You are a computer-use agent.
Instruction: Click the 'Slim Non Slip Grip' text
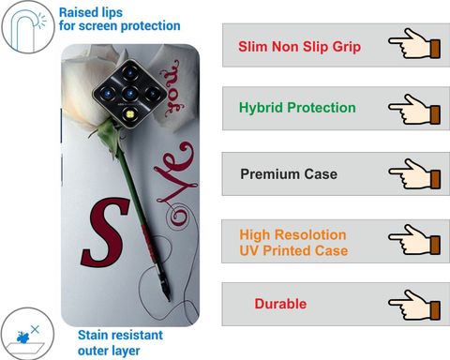pos(299,47)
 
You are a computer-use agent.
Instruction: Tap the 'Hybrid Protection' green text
pos(297,108)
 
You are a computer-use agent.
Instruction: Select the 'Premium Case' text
pos(289,174)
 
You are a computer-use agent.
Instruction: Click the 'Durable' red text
pos(280,304)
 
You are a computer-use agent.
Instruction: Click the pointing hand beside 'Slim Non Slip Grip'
pos(414,43)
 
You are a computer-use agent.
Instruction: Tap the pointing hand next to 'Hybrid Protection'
pos(414,110)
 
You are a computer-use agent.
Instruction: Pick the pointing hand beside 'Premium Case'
pos(414,174)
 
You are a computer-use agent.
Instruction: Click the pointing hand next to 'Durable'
pos(414,305)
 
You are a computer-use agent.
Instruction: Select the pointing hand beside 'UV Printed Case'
pos(414,239)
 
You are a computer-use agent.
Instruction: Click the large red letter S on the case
pos(105,232)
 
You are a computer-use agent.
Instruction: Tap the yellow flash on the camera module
pos(130,114)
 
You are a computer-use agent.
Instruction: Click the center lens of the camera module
pos(130,93)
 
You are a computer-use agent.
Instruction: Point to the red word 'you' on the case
pos(172,88)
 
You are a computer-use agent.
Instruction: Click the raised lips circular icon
pos(28,27)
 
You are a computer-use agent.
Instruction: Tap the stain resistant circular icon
pos(27,334)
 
